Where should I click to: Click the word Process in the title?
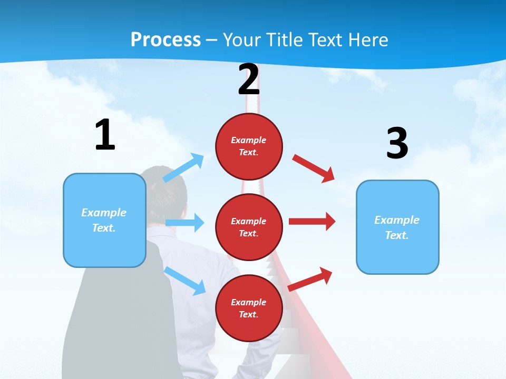coord(166,40)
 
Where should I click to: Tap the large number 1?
coord(105,135)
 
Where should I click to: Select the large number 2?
coord(249,79)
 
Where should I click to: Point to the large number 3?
coord(397,144)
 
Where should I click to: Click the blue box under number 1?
coord(104,220)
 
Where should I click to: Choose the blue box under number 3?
coord(397,227)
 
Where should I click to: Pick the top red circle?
coord(249,146)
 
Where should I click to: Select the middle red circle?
coord(249,227)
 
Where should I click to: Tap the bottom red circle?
coord(249,308)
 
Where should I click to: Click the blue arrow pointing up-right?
coord(183,168)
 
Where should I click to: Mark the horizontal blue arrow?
coord(185,223)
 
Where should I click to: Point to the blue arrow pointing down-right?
coord(185,281)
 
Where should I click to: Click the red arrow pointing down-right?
coord(314,168)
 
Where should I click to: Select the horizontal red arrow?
coord(312,222)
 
